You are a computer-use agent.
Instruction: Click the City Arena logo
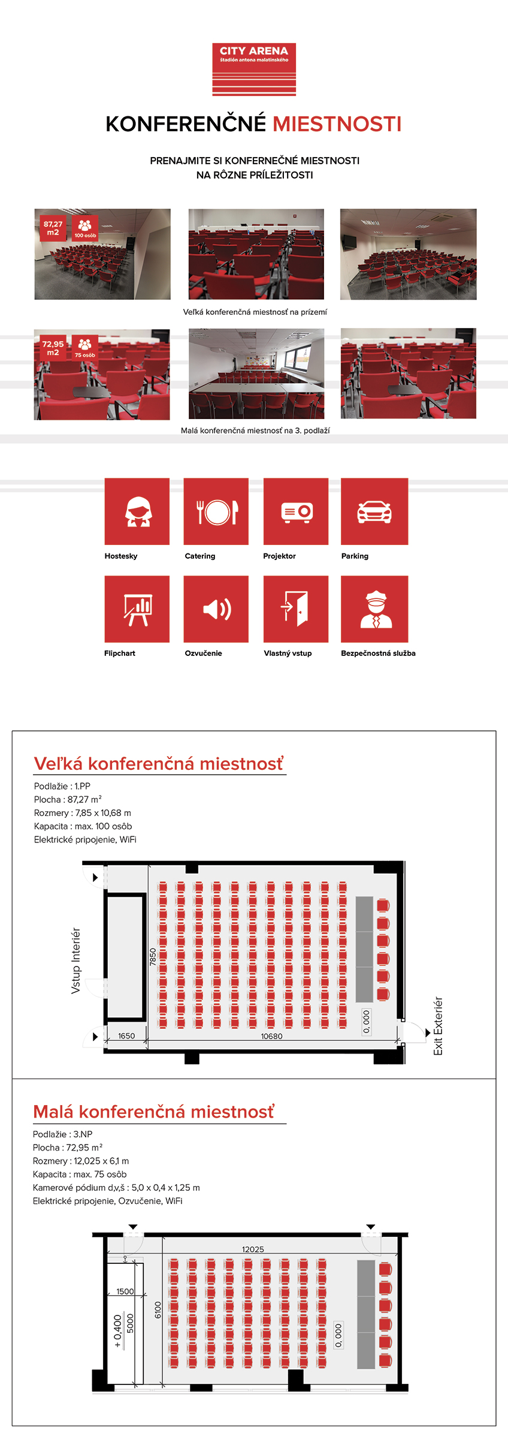[254, 69]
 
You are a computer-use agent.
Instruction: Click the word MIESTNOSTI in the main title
[337, 124]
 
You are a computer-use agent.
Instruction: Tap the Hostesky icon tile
[137, 511]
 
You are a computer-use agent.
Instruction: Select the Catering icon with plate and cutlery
[216, 511]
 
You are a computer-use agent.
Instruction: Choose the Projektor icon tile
[296, 511]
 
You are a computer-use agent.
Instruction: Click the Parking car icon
[374, 511]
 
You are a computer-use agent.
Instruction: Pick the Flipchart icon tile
[137, 609]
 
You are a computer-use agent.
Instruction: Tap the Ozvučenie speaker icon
[216, 609]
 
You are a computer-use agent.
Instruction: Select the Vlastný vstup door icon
[296, 609]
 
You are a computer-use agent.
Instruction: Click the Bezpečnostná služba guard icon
[374, 609]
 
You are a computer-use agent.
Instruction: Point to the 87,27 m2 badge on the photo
[53, 228]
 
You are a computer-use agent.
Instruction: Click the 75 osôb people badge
[84, 348]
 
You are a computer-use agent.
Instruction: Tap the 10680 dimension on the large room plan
[271, 1036]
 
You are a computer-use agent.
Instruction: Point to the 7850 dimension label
[153, 956]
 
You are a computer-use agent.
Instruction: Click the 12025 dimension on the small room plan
[253, 1250]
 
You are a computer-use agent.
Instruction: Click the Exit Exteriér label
[438, 1026]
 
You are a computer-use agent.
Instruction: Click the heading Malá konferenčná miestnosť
[154, 1112]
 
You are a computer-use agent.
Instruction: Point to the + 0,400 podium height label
[118, 1330]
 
